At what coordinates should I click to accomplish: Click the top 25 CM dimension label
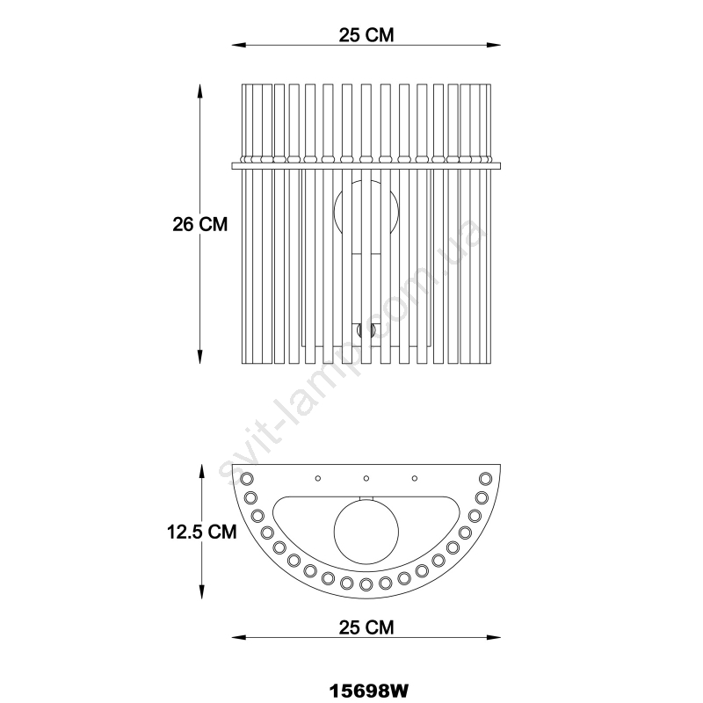click(x=366, y=35)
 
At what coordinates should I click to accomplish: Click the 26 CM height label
click(x=200, y=224)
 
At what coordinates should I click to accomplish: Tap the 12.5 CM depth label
click(x=202, y=532)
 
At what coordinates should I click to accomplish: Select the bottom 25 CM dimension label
click(x=366, y=627)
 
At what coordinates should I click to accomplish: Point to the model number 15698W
click(x=369, y=691)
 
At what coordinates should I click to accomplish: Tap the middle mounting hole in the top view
click(x=366, y=478)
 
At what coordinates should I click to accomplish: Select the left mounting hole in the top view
click(x=318, y=478)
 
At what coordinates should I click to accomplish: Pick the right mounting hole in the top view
click(x=415, y=478)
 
